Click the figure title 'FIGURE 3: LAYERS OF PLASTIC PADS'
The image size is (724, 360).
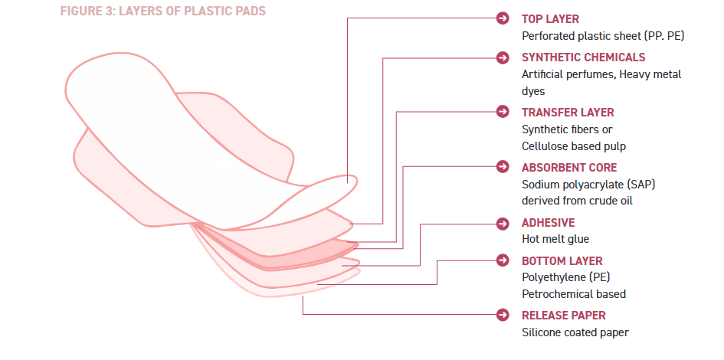(163, 12)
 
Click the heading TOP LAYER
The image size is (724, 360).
(550, 18)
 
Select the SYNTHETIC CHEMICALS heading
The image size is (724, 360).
(583, 57)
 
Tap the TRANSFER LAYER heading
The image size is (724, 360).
(568, 113)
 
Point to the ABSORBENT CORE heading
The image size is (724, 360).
(569, 167)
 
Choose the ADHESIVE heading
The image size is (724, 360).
(548, 223)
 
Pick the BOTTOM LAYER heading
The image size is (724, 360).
(562, 260)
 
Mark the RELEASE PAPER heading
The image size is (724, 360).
(563, 315)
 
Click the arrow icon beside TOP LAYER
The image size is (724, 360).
(503, 18)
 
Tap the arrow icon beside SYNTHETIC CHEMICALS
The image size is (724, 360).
(503, 57)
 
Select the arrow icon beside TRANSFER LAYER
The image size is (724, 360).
(503, 113)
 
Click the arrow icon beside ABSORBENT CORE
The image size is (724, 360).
(503, 167)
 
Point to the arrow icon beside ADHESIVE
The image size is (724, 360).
(503, 223)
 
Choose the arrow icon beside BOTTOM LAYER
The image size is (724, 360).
(503, 260)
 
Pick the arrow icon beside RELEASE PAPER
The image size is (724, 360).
(503, 315)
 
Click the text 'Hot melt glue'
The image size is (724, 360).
(555, 239)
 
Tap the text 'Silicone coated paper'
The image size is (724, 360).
(575, 332)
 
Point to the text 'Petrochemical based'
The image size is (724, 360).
(573, 293)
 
